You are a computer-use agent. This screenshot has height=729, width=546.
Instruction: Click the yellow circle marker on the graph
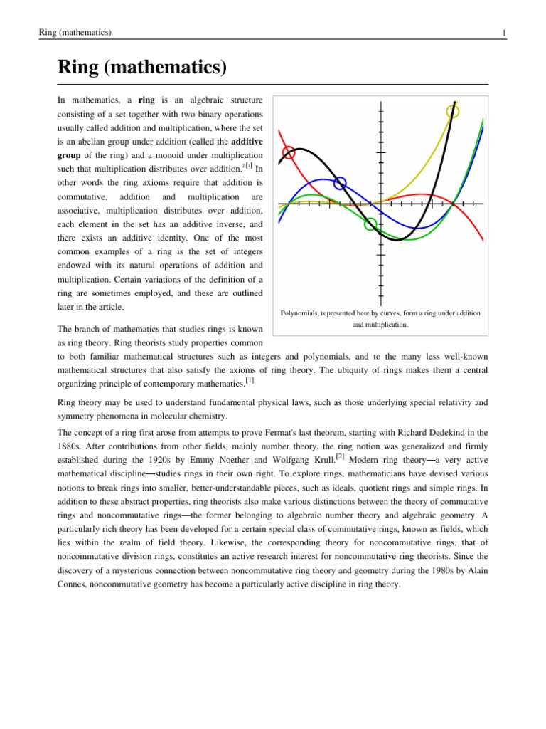pos(453,111)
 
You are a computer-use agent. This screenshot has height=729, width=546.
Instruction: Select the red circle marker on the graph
pos(289,152)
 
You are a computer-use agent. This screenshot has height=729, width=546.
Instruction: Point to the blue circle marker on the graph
pos(341,183)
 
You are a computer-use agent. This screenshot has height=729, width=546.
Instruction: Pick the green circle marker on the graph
pos(370,224)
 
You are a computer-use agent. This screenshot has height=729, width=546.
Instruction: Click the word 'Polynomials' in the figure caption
pos(300,313)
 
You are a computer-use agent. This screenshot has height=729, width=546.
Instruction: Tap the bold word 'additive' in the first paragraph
pos(247,141)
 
